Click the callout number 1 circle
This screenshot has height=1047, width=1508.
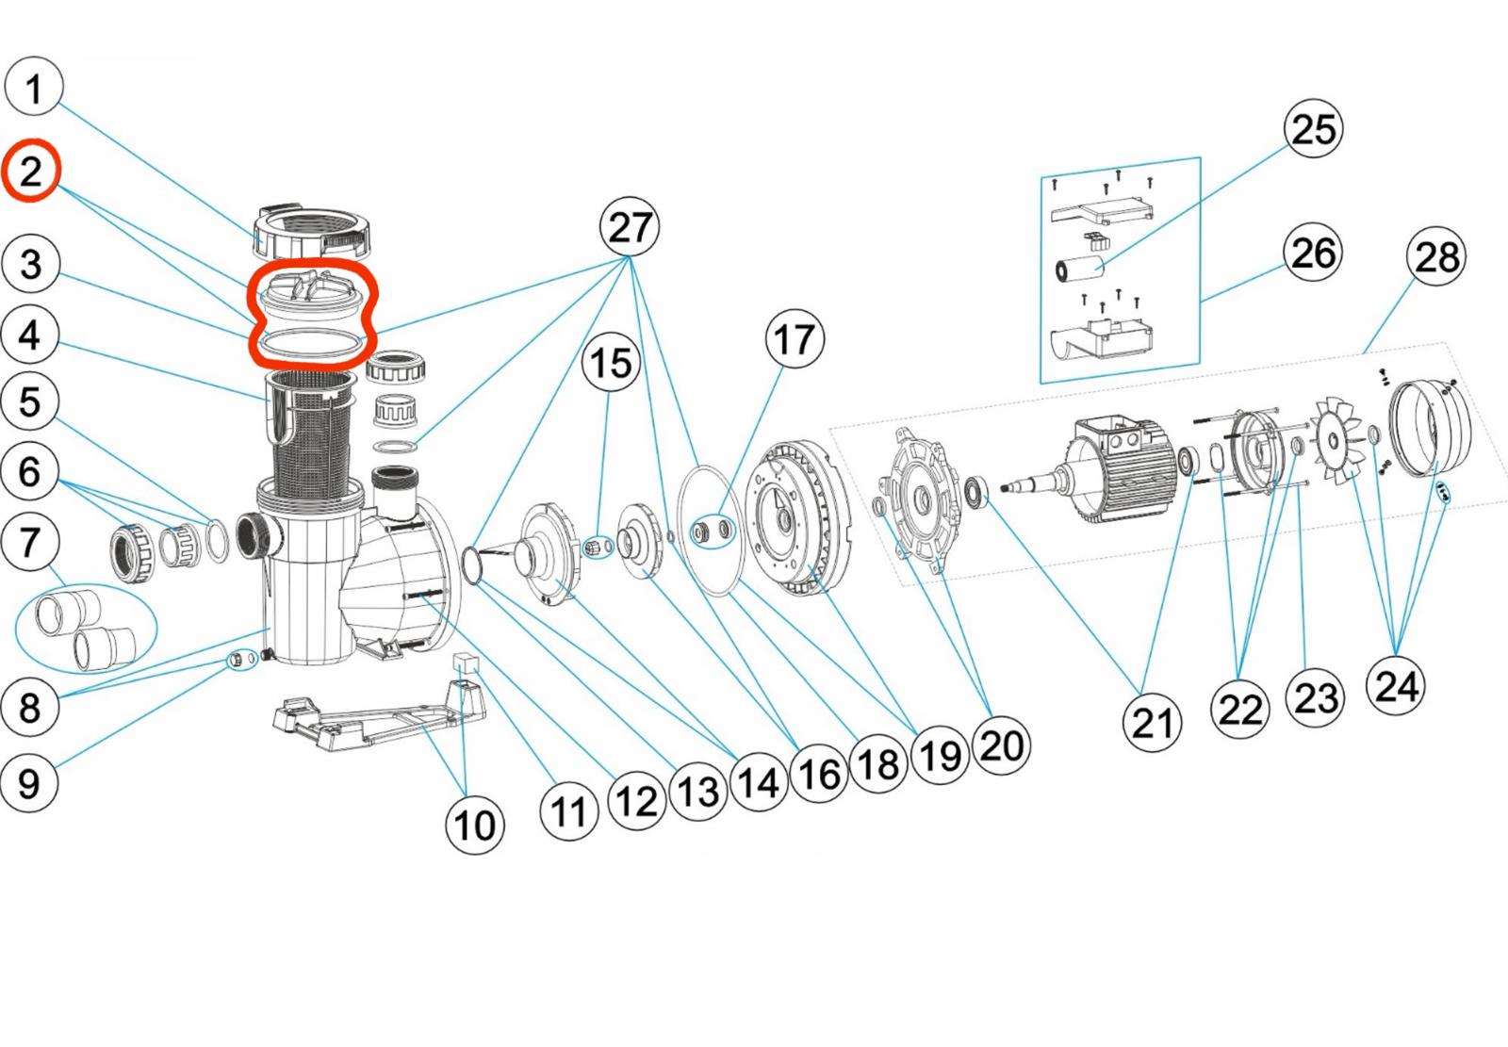(x=34, y=88)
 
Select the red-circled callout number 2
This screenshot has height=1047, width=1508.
(x=31, y=172)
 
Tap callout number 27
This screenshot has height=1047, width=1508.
(x=630, y=227)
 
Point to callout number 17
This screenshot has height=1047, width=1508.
(x=794, y=339)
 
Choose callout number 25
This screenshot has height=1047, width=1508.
(x=1313, y=129)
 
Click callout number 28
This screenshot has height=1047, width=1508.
(x=1435, y=256)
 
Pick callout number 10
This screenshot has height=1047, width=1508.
(x=474, y=825)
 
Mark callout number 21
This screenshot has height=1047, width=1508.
(x=1152, y=723)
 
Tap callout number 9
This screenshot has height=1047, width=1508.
(x=29, y=782)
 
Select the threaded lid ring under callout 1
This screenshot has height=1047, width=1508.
(x=309, y=231)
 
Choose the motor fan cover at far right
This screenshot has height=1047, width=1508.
(x=1428, y=424)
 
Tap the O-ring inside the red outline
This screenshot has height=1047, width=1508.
(x=309, y=345)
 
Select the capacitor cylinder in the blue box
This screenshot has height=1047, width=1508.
(x=1080, y=267)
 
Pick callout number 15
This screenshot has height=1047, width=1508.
(x=610, y=363)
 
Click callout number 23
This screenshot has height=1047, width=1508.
(x=1316, y=698)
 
